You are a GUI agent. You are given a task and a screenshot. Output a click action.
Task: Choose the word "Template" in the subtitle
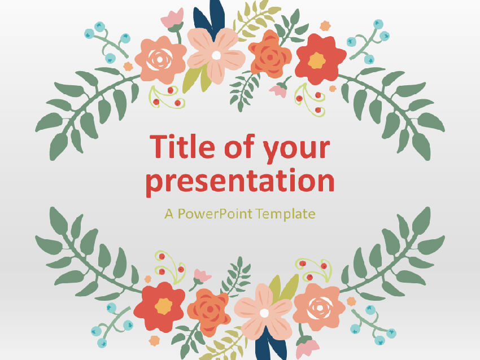click(x=285, y=214)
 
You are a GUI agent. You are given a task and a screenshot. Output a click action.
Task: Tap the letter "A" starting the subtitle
click(x=168, y=214)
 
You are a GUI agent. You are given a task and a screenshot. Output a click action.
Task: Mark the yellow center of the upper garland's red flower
click(x=317, y=60)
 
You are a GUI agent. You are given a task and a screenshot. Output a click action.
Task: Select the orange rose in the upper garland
click(x=270, y=54)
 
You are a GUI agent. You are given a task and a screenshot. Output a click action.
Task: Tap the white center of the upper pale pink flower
click(x=216, y=55)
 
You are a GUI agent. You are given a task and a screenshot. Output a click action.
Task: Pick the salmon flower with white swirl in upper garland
click(x=160, y=58)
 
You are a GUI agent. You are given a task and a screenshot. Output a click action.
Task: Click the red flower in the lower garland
click(x=163, y=306)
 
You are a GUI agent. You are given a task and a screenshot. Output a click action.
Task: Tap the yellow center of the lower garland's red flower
click(x=163, y=306)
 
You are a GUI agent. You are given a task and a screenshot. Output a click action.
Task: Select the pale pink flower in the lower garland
click(x=263, y=311)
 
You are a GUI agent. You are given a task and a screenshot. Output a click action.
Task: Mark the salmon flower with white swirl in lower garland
click(x=319, y=306)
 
